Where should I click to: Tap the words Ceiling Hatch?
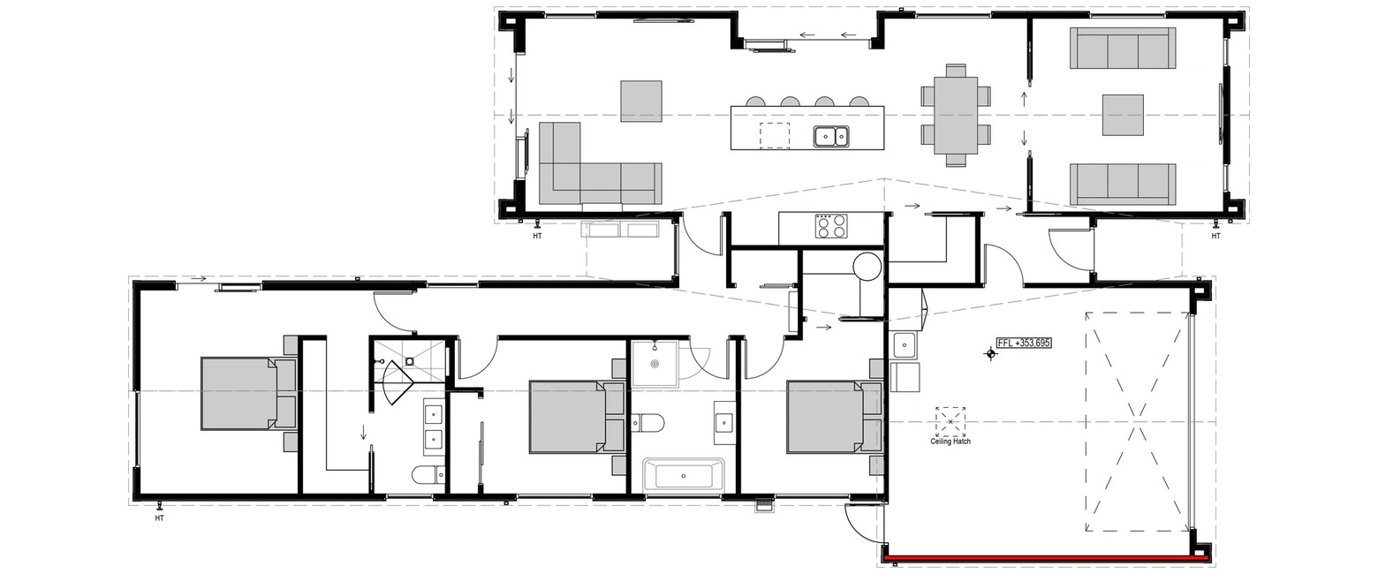pos(950,442)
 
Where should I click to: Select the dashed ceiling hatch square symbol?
pos(950,421)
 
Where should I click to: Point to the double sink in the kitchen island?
pos(831,136)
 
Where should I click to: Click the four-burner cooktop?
pos(830,226)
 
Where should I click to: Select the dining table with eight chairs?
pos(956,115)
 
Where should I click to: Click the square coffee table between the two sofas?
pos(1123,115)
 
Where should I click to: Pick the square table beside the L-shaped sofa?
pos(641,101)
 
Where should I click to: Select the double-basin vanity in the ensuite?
pos(435,427)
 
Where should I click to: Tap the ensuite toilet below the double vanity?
pos(428,475)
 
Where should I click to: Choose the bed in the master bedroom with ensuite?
pos(248,394)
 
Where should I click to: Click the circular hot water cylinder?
pos(868,267)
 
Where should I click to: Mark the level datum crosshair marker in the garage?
pos(990,353)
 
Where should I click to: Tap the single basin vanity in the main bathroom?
pos(724,423)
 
